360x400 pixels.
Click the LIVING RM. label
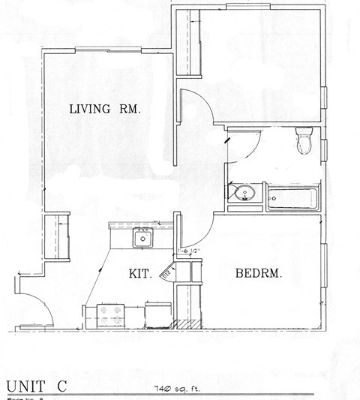click(x=105, y=110)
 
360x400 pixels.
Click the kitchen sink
click(x=142, y=239)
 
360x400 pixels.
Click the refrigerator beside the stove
click(x=158, y=314)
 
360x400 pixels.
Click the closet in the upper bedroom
click(x=186, y=45)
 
